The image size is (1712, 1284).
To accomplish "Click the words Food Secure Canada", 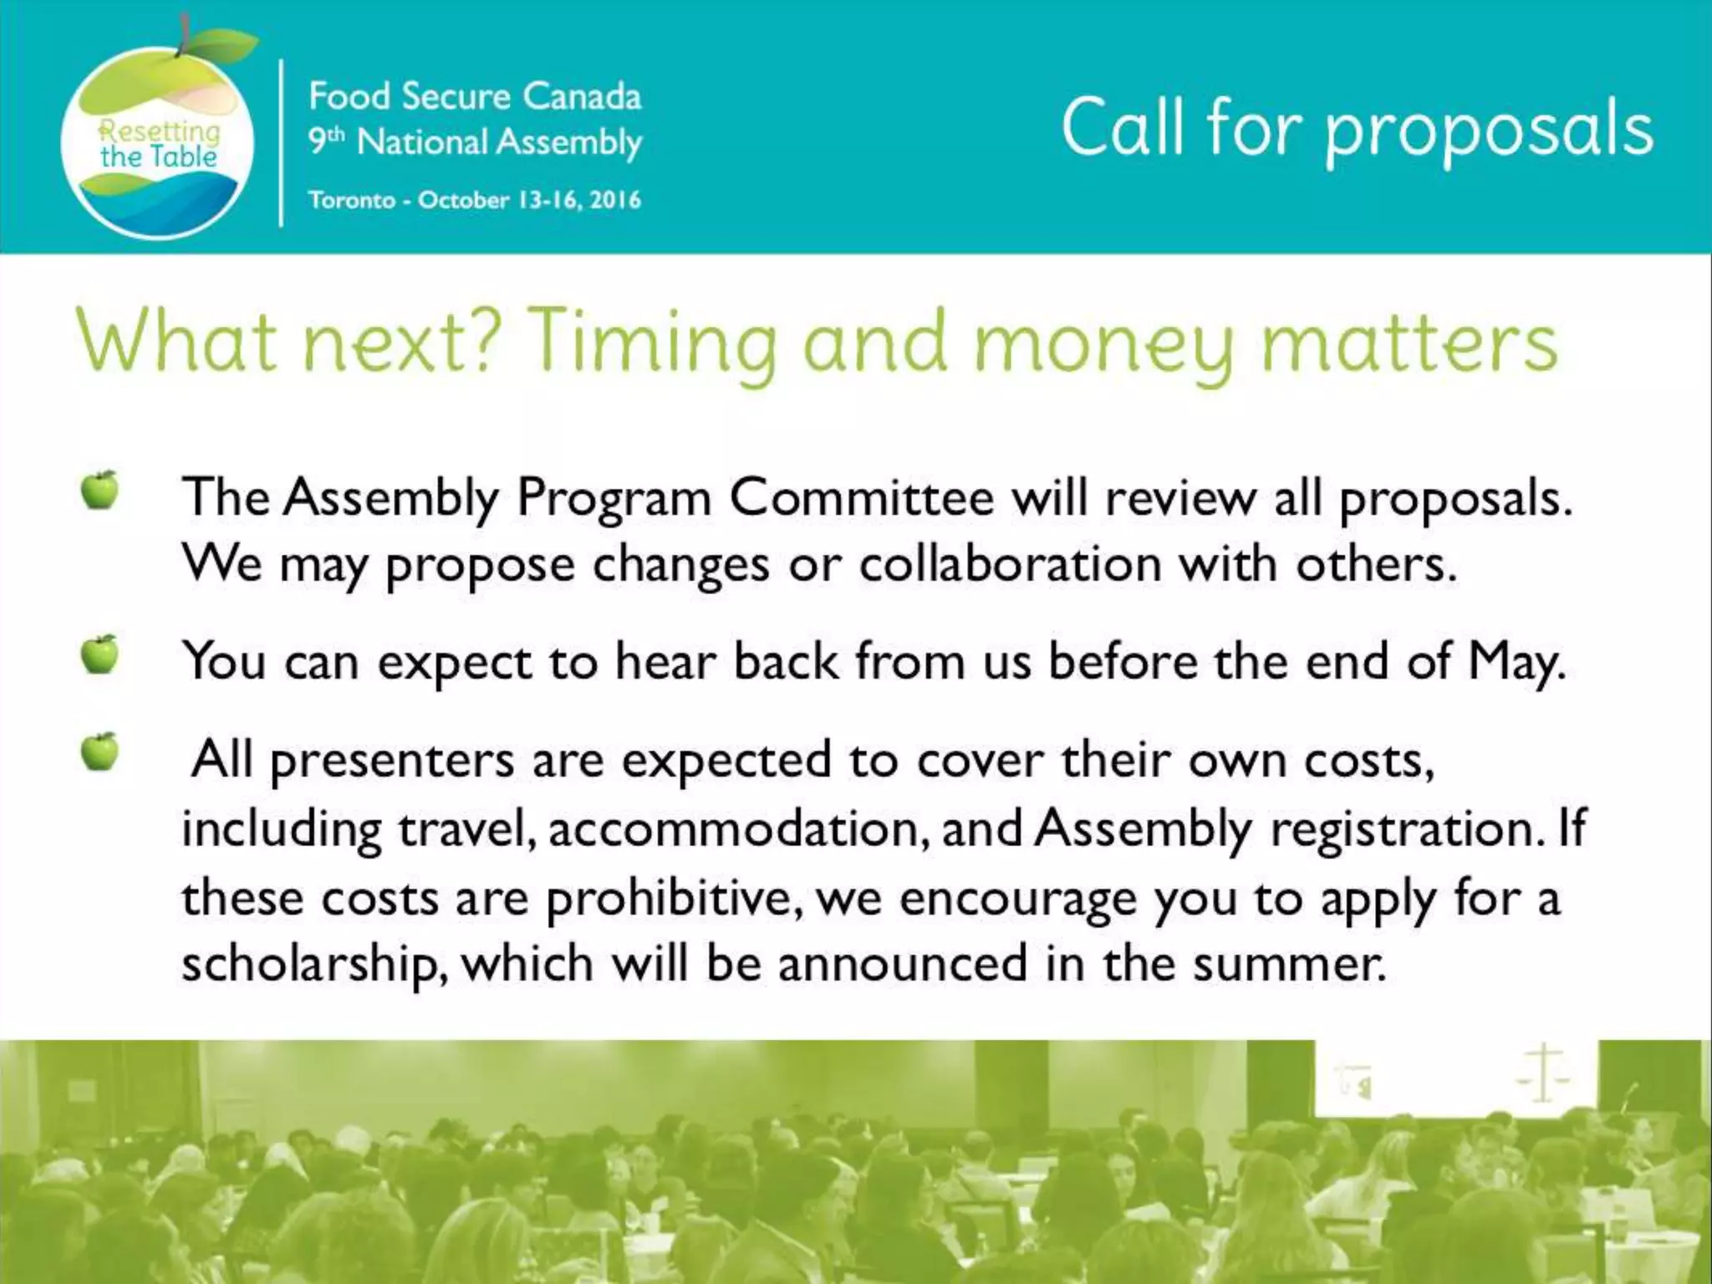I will (474, 96).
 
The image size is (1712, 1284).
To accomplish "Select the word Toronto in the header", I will (351, 201).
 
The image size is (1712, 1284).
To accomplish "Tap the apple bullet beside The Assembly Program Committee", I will (100, 490).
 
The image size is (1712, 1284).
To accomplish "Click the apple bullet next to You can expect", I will (100, 654).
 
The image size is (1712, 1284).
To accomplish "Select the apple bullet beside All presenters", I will (100, 752).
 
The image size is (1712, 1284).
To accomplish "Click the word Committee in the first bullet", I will (862, 498).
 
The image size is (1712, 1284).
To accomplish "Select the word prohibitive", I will (675, 898).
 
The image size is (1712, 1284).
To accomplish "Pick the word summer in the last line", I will (1288, 964).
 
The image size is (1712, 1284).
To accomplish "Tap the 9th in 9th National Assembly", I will (325, 141).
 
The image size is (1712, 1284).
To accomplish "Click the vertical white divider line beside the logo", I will (281, 142).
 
